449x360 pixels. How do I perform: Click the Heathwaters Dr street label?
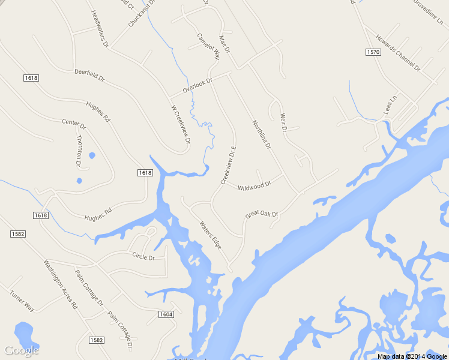click(100, 29)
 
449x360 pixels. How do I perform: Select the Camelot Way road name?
click(208, 45)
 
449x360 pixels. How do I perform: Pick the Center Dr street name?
click(74, 124)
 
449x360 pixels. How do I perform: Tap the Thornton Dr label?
click(79, 150)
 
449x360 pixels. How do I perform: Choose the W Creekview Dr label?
click(180, 124)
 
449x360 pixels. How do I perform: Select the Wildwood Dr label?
click(255, 187)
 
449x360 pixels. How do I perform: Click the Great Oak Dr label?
click(262, 214)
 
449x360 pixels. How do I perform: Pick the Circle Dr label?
click(143, 257)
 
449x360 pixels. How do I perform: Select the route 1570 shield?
click(372, 53)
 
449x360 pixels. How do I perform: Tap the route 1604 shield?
click(167, 314)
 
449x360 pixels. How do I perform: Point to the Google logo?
click(22, 350)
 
